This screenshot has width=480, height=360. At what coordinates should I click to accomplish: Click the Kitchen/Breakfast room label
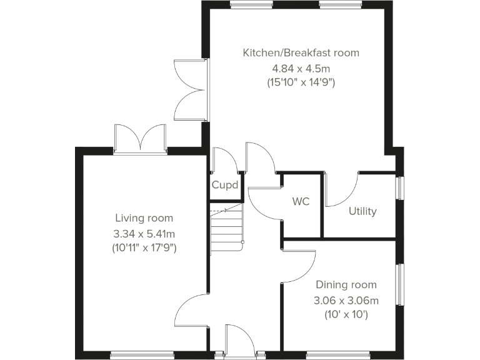pos(301,52)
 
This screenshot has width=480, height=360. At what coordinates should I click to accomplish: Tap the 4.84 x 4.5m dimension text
pos(301,67)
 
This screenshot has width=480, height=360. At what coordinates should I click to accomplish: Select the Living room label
pos(144,218)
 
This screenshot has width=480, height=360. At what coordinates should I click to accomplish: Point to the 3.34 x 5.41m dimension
pos(144,233)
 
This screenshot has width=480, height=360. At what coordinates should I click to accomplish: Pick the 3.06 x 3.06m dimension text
pos(346,301)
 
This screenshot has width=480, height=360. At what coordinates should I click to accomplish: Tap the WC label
pos(301,202)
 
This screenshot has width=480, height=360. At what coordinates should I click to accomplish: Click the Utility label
pos(362,211)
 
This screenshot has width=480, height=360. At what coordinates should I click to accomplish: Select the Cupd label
pos(224,185)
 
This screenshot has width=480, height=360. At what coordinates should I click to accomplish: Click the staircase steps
pos(226,228)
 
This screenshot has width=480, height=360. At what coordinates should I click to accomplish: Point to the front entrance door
pos(238,341)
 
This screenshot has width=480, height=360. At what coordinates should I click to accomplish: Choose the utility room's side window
pos(399,188)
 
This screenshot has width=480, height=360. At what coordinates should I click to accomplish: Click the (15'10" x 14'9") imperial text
pos(301,82)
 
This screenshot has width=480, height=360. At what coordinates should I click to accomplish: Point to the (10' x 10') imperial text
pos(346,315)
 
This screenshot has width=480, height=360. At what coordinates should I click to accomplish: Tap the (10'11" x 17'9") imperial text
pos(144,248)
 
